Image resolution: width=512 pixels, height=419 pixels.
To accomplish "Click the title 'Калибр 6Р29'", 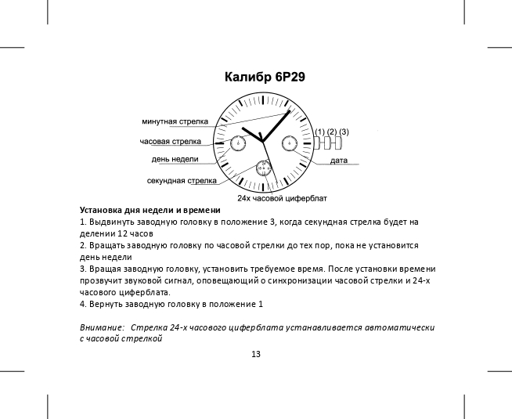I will [x=265, y=78].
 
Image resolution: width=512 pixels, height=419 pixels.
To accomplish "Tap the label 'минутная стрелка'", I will [x=175, y=122].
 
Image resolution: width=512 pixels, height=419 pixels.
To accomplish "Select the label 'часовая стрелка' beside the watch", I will [x=170, y=141].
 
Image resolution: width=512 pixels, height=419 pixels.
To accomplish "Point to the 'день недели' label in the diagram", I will [x=175, y=159].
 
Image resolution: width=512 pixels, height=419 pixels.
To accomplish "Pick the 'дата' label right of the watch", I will [x=339, y=160].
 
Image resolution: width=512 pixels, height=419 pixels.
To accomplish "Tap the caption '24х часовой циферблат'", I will [x=282, y=198].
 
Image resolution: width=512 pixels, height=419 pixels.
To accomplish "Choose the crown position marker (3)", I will [x=344, y=131].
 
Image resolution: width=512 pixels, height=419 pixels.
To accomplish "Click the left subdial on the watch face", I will [x=237, y=143].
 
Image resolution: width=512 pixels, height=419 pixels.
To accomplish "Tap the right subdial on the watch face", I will [x=290, y=143].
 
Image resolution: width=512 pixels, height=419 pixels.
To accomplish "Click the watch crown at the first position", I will [x=319, y=143].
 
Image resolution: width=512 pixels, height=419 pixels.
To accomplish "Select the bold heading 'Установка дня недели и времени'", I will [x=150, y=211].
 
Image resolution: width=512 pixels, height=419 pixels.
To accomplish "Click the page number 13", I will [x=256, y=354].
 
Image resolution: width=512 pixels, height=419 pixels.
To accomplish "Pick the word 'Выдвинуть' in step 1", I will [x=110, y=222].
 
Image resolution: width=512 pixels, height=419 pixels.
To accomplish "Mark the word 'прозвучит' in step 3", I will [x=103, y=280].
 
